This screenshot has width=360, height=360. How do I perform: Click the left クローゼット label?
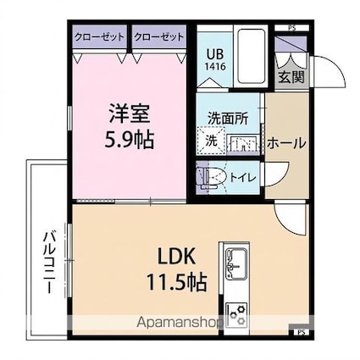[99, 37]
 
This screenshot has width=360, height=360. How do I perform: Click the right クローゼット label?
[159, 37]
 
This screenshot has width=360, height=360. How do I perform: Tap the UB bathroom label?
[215, 53]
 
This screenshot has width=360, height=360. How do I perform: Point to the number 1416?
[215, 67]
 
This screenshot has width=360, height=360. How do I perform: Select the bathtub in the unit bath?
[252, 56]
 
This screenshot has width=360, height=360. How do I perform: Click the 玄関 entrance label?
[291, 76]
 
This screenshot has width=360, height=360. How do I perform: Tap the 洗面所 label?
[228, 119]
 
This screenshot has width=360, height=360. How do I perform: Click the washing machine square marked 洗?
[211, 141]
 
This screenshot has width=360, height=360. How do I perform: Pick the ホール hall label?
[286, 143]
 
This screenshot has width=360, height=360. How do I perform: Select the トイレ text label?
[243, 178]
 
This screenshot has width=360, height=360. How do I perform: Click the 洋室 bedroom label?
[130, 114]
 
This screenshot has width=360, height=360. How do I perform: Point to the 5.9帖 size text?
[130, 140]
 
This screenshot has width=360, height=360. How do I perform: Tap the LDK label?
[176, 257]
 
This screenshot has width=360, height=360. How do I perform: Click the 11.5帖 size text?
[177, 282]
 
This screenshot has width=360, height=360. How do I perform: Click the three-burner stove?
[237, 313]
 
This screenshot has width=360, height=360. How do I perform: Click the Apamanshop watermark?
[180, 322]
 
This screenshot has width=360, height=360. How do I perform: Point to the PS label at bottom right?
[302, 332]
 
